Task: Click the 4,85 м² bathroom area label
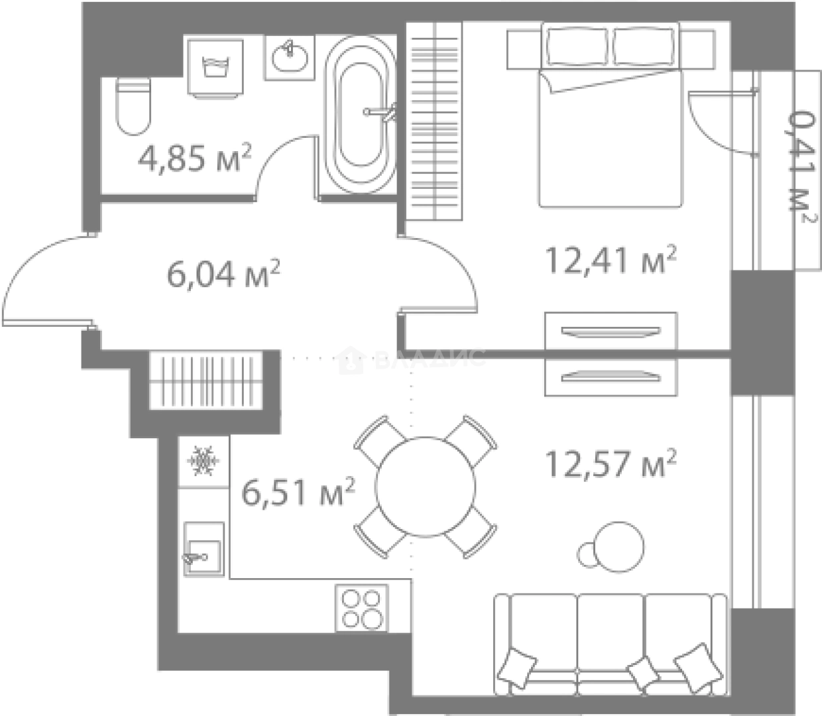click(194, 157)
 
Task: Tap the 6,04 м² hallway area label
click(223, 273)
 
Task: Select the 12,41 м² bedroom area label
click(611, 260)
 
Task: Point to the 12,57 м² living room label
click(611, 463)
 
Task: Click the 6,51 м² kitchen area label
click(298, 491)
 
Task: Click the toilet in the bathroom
click(133, 106)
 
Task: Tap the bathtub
click(361, 114)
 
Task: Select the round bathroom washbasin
click(290, 57)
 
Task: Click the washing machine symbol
click(215, 68)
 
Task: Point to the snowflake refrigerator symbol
click(204, 461)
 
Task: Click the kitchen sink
click(204, 549)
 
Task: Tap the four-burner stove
click(361, 607)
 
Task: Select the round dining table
click(425, 487)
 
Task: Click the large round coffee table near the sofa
click(618, 546)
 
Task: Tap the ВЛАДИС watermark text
click(430, 359)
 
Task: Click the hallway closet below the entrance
click(206, 381)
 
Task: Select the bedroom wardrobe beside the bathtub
click(434, 121)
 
